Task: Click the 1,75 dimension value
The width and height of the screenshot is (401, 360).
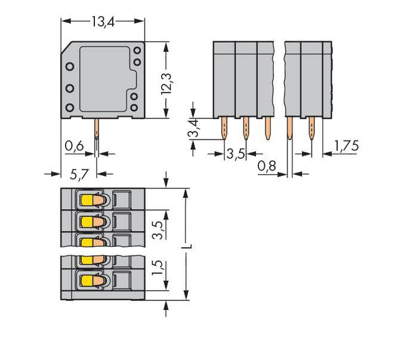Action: point(347,145)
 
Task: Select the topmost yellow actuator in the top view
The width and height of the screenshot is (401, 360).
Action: point(87,201)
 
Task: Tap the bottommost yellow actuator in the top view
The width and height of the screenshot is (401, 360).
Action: point(87,281)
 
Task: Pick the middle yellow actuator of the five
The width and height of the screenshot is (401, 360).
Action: point(87,242)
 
